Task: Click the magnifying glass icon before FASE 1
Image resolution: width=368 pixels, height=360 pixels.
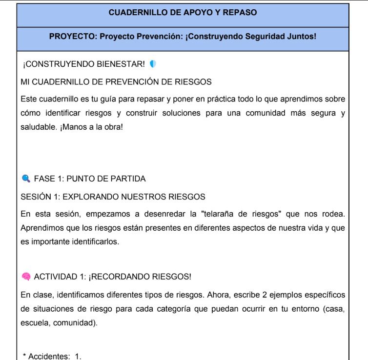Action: tap(26, 179)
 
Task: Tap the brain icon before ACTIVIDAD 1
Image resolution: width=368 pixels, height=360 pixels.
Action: tap(26, 277)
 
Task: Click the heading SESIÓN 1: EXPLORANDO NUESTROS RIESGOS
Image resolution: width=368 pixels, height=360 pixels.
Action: tap(113, 197)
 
